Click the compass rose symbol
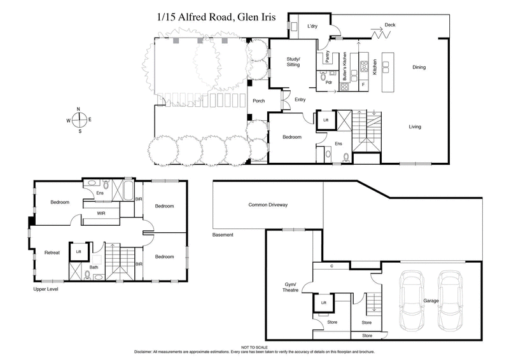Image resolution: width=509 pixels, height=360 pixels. click(x=79, y=120)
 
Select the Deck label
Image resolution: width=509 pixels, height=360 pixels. click(x=390, y=25)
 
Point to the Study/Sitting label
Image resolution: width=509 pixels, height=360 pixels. click(x=292, y=62)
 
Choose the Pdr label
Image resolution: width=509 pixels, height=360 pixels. click(x=329, y=82)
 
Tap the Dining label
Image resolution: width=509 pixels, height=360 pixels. click(x=419, y=67)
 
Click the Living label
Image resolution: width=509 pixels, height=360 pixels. click(x=415, y=127)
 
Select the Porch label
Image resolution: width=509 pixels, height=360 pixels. click(x=258, y=100)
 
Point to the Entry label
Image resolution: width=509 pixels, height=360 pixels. click(x=300, y=99)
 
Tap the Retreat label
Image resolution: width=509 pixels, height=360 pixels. click(x=52, y=253)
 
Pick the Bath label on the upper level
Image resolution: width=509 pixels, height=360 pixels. click(x=94, y=268)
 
